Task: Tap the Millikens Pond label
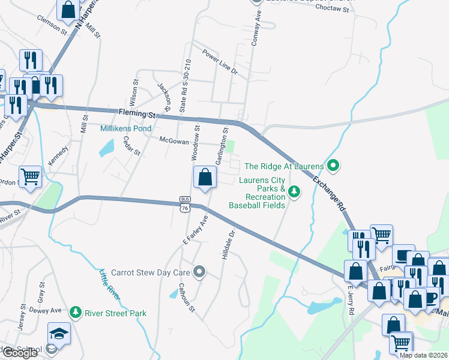point(125,128)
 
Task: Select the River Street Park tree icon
point(76,312)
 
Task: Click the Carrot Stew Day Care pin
point(200,272)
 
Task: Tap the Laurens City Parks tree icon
point(294,192)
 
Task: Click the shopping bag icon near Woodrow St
point(205,177)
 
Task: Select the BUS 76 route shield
point(184,203)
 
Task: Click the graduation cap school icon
point(59,334)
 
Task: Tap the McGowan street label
point(174,141)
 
